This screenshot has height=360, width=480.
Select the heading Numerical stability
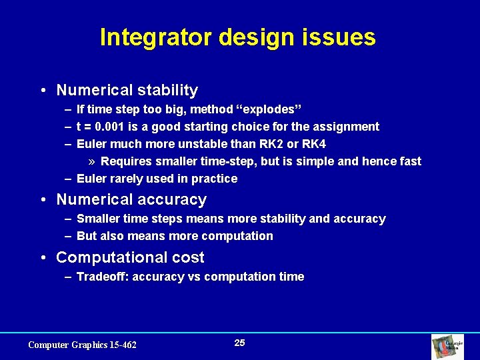(127, 90)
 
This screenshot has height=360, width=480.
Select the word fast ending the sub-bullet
(409, 161)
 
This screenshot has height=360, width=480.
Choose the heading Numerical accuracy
(131, 199)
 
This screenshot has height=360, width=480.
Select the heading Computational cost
(130, 257)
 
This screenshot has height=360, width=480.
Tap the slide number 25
(239, 343)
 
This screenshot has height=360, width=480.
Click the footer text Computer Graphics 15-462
(82, 345)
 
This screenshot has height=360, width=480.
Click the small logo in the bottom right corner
(443, 346)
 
